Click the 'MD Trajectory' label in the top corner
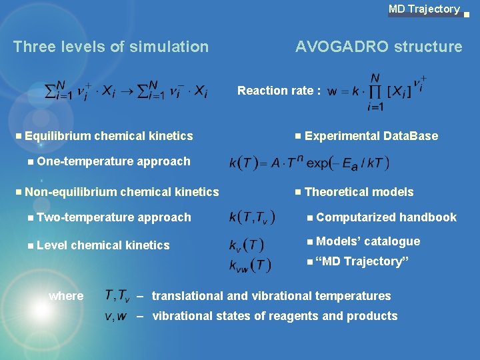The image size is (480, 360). click(424, 9)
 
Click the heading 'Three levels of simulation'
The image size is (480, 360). click(111, 47)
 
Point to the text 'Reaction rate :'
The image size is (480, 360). click(279, 91)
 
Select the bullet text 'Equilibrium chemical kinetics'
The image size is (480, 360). click(109, 136)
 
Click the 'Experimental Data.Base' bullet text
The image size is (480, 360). click(371, 136)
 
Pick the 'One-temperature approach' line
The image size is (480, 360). click(113, 161)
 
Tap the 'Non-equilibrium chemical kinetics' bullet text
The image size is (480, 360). click(121, 192)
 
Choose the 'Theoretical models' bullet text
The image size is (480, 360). click(359, 192)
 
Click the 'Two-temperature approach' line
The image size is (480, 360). click(114, 217)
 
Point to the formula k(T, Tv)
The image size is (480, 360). click(250, 217)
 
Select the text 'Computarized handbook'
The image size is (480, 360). click(386, 217)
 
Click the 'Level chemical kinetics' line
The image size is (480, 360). click(103, 245)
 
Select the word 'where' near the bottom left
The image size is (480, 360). click(66, 296)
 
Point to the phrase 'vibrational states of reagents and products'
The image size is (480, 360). click(275, 316)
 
